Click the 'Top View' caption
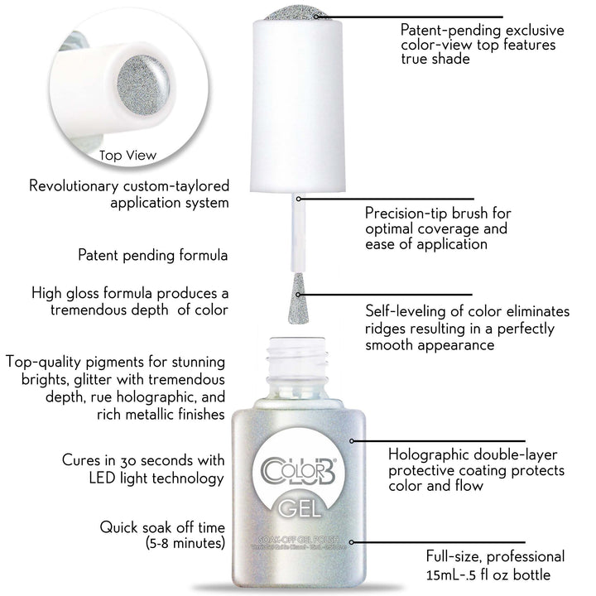[127, 155]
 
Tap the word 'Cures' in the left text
[84, 460]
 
